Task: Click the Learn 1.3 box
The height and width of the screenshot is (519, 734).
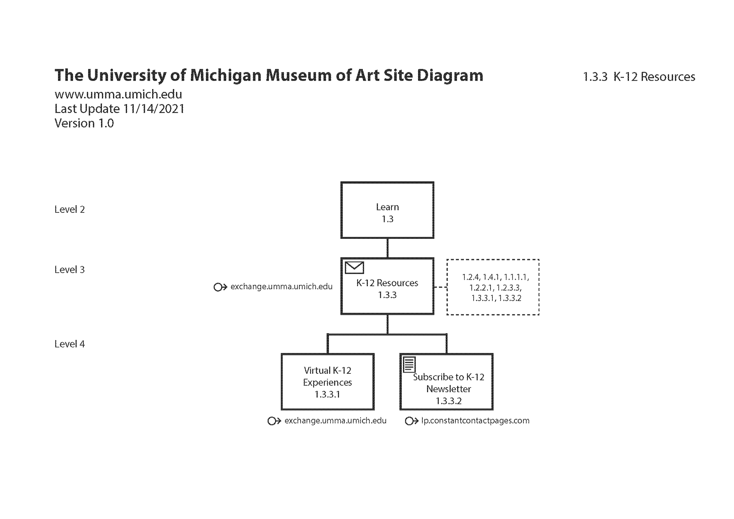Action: (x=387, y=210)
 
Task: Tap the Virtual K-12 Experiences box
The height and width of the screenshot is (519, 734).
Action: (x=327, y=382)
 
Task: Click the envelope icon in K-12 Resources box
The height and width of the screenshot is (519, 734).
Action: (x=354, y=268)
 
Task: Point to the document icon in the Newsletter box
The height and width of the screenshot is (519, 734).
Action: (x=409, y=364)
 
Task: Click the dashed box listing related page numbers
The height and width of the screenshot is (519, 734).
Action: (x=493, y=287)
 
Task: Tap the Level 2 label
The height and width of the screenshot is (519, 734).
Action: (x=70, y=209)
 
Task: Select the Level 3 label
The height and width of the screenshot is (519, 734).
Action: (x=70, y=269)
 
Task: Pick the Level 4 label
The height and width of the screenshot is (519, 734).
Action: (x=70, y=344)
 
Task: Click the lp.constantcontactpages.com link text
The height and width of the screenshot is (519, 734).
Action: (x=475, y=421)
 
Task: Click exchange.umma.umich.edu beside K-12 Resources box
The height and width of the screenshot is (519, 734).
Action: (x=281, y=287)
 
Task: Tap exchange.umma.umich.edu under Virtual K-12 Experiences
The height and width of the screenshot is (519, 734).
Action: (x=335, y=421)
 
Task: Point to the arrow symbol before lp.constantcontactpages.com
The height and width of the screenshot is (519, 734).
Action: (x=411, y=421)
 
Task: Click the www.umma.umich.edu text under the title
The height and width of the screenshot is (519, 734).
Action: (x=118, y=94)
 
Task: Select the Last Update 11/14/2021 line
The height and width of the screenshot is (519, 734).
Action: (x=119, y=109)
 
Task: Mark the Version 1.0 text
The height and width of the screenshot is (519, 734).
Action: (x=84, y=123)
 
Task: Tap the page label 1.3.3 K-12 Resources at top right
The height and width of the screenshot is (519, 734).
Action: (x=639, y=77)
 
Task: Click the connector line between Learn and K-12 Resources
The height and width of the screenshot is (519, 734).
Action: (x=388, y=248)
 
